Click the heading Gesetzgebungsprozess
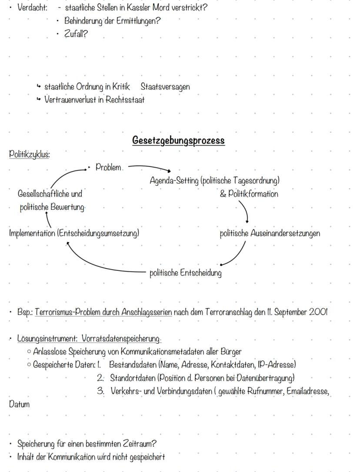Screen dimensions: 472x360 (178, 141)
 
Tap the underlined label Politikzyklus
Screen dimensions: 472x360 (29, 154)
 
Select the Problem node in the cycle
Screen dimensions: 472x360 (108, 168)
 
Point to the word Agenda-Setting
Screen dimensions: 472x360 (174, 180)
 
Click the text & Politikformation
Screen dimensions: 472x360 (249, 194)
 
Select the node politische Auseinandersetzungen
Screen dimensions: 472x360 (270, 233)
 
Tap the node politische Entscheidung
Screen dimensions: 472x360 (185, 273)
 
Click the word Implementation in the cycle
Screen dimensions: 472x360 (32, 233)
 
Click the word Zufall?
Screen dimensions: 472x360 (76, 34)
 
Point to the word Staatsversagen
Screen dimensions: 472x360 (165, 86)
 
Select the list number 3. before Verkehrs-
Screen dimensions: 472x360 (101, 391)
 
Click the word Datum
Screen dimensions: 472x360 (20, 405)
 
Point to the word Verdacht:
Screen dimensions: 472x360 (32, 8)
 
